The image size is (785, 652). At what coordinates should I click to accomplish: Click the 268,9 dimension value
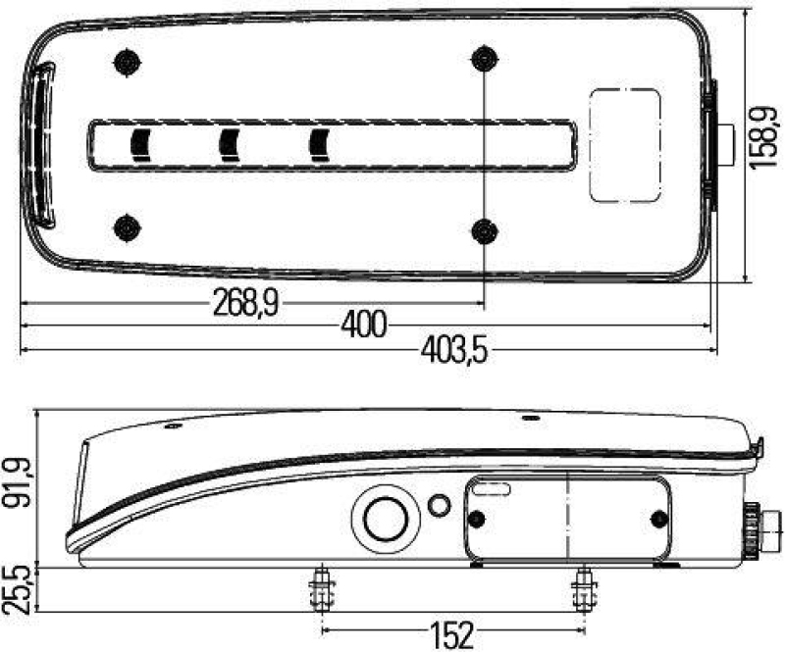click(245, 304)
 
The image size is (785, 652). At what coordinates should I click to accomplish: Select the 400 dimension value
click(364, 325)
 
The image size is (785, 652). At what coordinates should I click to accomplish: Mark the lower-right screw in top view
click(483, 230)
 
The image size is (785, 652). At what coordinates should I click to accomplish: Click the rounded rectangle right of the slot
click(624, 144)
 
